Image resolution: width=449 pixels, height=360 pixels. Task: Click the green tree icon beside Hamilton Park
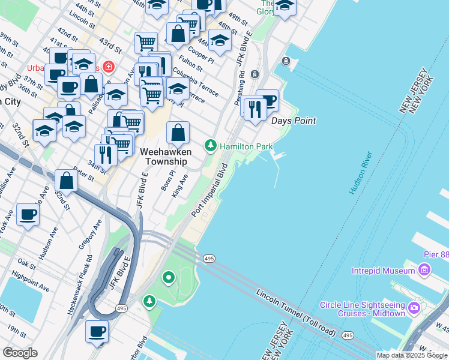tap(211, 146)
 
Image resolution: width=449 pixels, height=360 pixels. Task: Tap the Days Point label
tap(294, 121)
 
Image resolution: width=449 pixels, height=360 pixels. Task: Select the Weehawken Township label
tap(164, 157)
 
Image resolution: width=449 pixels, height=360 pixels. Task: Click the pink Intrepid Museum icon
tap(424, 271)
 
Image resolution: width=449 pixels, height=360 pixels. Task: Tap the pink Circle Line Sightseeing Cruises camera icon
tap(414, 308)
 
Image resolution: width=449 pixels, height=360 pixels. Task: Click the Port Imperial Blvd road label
tap(209, 190)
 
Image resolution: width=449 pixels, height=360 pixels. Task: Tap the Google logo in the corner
tap(20, 352)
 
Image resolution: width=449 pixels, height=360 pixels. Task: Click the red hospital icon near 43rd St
tap(109, 67)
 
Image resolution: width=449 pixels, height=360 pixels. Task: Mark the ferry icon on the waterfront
tap(286, 61)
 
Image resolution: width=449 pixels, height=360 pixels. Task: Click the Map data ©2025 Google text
tap(412, 355)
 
